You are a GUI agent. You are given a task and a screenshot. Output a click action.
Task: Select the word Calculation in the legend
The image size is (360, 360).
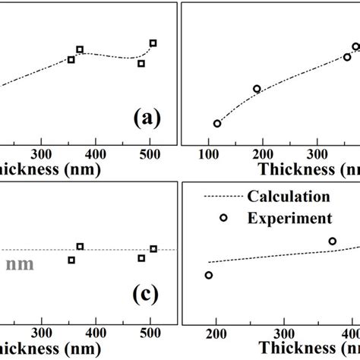coord(289,196)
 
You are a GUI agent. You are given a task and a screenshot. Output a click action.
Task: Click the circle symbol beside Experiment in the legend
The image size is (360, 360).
coord(223,218)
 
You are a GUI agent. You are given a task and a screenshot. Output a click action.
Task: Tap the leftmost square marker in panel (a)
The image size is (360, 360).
coord(71,59)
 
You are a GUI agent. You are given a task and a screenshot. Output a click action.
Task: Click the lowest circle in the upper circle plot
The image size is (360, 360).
coord(217,123)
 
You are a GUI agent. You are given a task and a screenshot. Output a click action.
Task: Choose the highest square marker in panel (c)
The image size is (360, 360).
coord(80,246)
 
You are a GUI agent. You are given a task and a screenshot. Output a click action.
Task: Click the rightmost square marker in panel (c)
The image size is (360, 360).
coord(153,248)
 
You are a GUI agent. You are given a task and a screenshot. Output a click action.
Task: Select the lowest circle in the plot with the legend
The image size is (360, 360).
coord(209,275)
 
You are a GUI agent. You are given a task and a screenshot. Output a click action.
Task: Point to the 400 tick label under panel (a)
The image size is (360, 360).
coord(96,152)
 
